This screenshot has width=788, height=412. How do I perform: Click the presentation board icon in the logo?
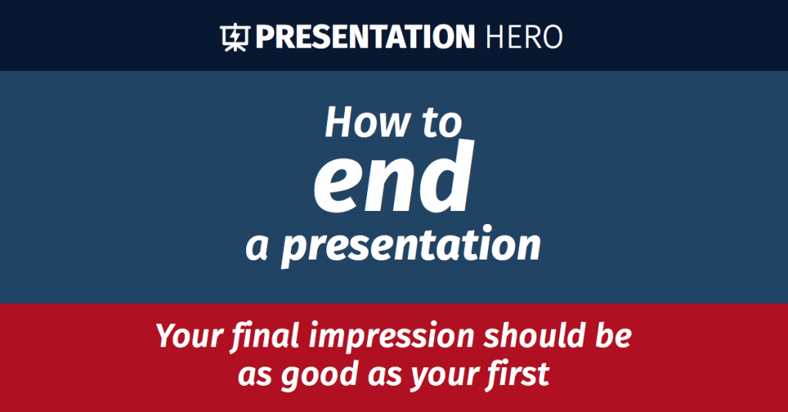(x=234, y=37)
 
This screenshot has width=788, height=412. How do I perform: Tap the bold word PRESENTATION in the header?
(x=365, y=37)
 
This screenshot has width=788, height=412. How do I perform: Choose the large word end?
(x=392, y=182)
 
